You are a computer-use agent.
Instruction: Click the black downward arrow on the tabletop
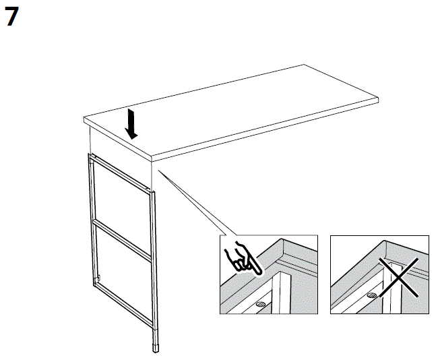[x=133, y=124]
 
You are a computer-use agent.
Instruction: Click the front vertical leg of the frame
[x=154, y=270]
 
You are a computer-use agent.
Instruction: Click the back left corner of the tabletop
[x=84, y=119]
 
